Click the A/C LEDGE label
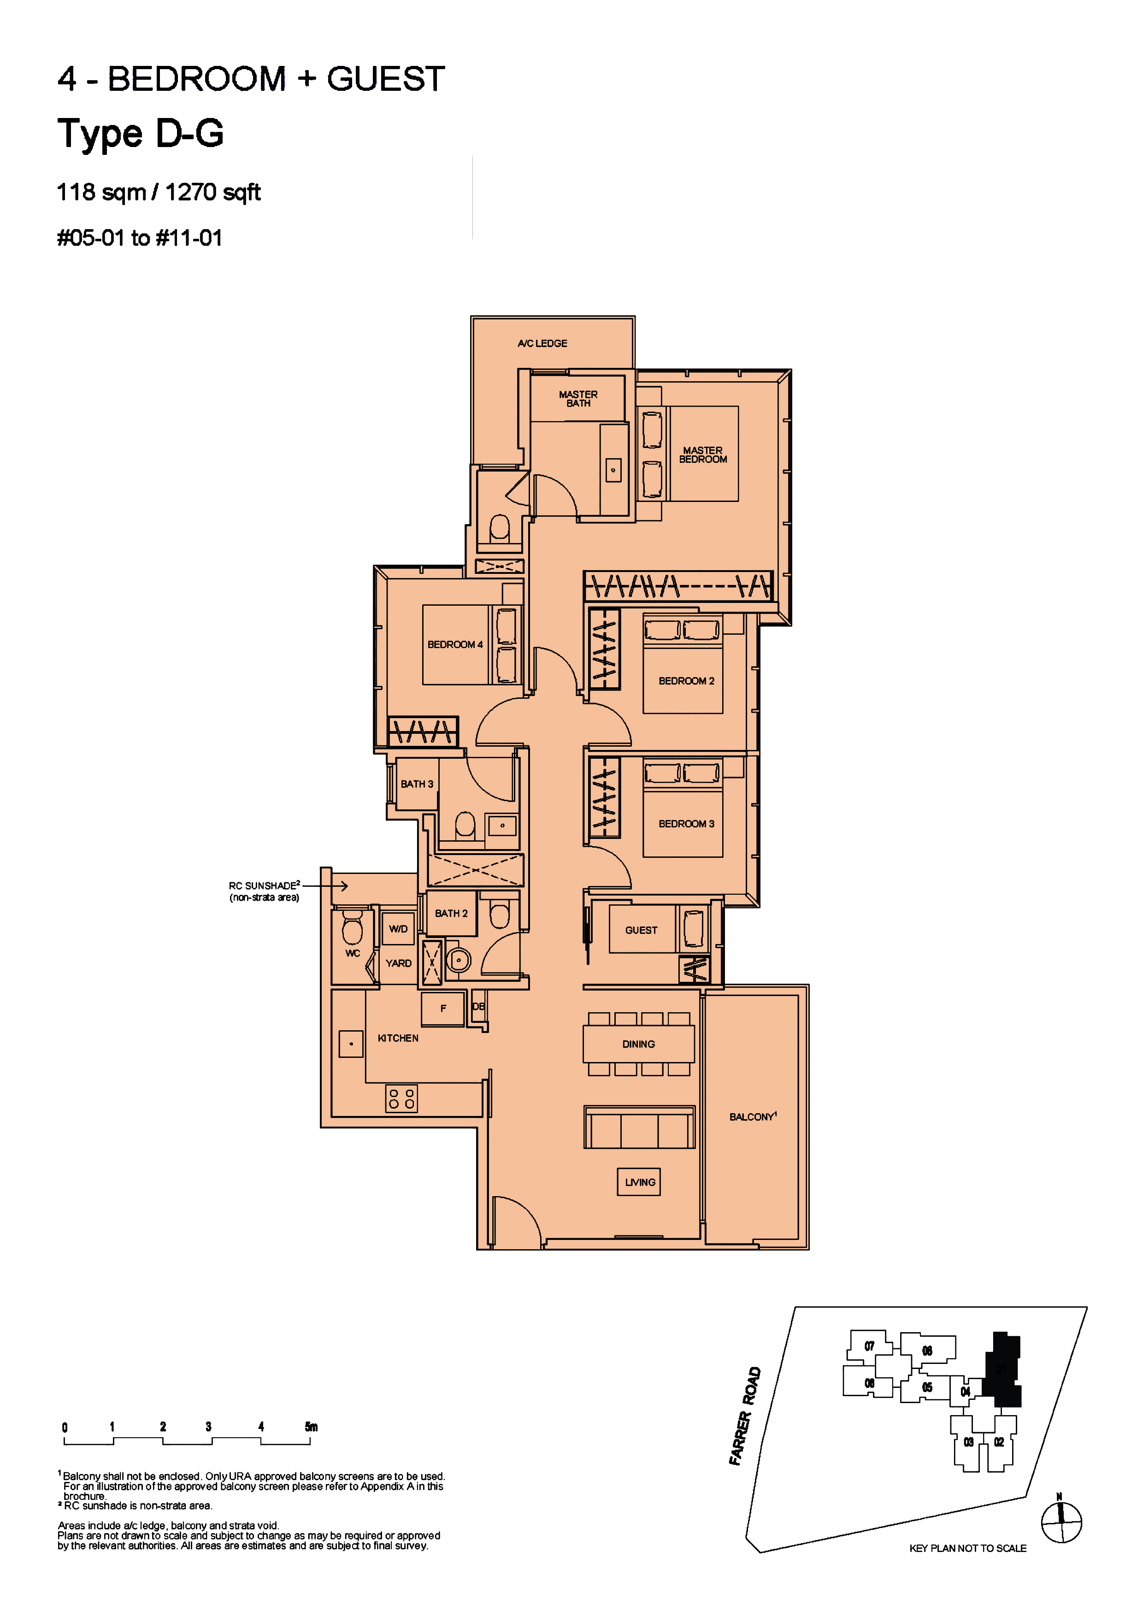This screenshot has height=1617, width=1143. (x=542, y=344)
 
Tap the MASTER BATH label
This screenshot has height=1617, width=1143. (x=578, y=399)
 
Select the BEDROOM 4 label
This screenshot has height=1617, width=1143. (x=455, y=644)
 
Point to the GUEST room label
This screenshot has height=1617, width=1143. (x=641, y=930)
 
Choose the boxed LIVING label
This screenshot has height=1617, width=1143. (x=639, y=1182)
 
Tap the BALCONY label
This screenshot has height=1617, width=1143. (x=753, y=1117)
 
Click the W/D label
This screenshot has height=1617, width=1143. (x=398, y=929)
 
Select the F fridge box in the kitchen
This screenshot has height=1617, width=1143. (x=443, y=1009)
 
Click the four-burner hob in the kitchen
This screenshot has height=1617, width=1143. (x=401, y=1098)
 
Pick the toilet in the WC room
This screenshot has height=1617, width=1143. (x=352, y=926)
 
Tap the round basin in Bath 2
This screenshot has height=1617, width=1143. (x=459, y=960)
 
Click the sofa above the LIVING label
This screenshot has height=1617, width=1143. (x=639, y=1127)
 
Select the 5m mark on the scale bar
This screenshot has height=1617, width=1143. (x=311, y=1427)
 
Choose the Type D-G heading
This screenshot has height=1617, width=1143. (x=141, y=133)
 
